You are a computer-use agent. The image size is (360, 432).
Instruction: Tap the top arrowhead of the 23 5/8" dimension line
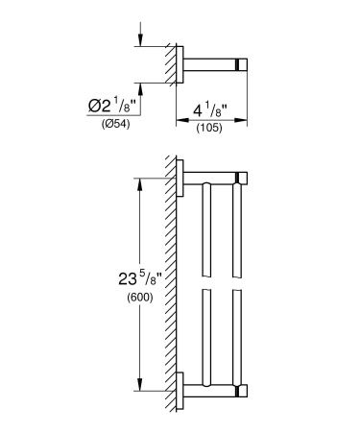(x=142, y=182)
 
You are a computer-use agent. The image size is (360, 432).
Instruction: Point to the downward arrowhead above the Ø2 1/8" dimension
(x=141, y=41)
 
